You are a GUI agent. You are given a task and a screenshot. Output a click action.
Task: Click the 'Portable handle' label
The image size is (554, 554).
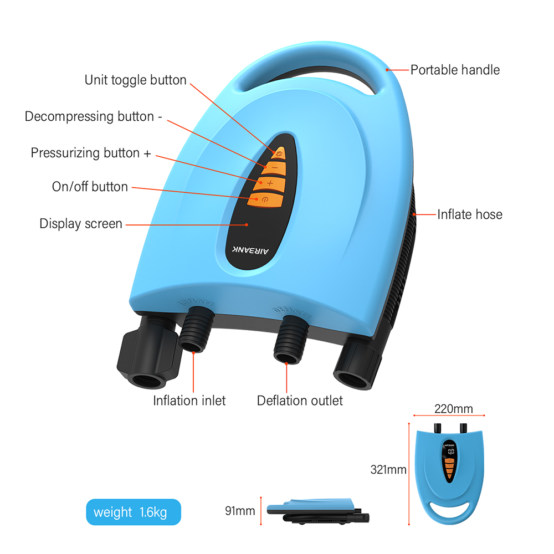[x=455, y=70]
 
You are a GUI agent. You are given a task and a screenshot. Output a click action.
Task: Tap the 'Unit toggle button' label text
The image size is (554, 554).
[x=135, y=80]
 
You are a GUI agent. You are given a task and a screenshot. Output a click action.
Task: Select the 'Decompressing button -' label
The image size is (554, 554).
[x=94, y=117]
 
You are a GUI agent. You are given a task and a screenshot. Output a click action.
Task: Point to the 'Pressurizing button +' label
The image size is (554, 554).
[x=91, y=153]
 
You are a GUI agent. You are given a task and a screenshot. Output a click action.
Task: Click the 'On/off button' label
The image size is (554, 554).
[x=90, y=187]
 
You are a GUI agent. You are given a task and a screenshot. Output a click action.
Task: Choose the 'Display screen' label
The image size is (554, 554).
[x=81, y=224]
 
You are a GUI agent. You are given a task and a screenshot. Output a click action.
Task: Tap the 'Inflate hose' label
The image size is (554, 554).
[x=470, y=214]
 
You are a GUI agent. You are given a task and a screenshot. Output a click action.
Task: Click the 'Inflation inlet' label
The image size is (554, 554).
[x=189, y=400]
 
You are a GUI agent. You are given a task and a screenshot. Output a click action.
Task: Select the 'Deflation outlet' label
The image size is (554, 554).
[x=300, y=400]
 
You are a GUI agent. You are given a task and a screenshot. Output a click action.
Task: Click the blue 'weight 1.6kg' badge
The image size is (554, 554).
[x=134, y=512]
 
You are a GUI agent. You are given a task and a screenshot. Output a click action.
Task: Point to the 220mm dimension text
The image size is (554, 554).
[x=453, y=409]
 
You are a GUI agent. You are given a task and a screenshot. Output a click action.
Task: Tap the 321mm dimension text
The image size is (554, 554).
[x=388, y=470]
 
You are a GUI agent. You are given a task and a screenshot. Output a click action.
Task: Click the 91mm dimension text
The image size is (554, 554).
[x=239, y=510]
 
